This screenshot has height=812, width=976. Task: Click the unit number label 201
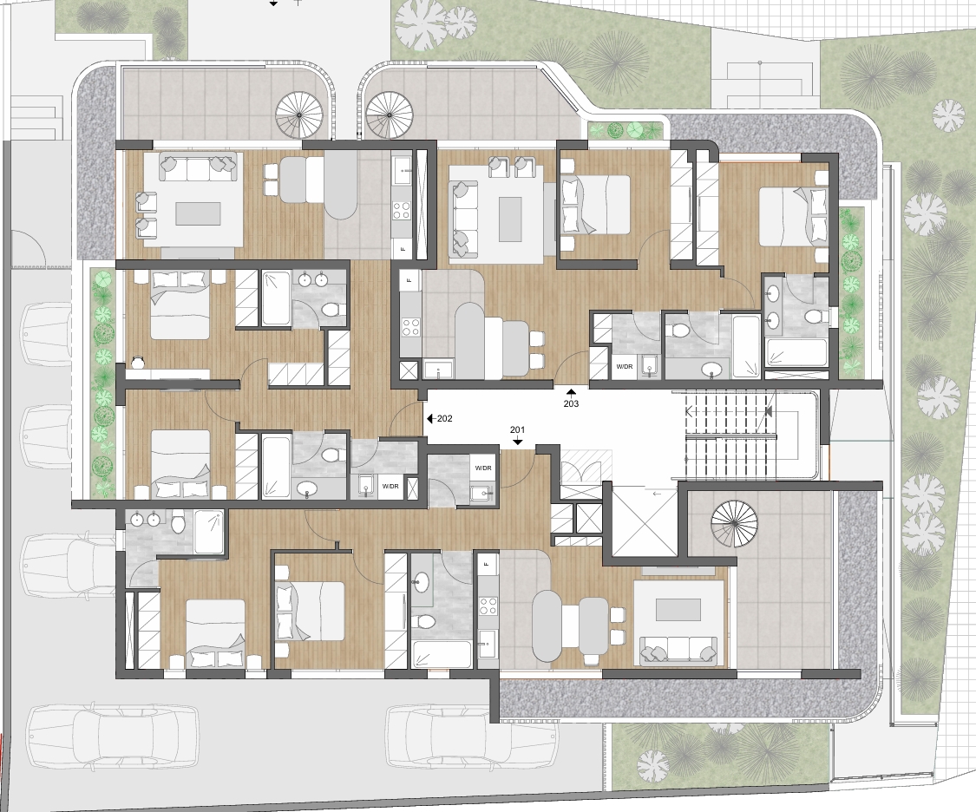(517, 429)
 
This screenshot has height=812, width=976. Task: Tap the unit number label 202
(444, 419)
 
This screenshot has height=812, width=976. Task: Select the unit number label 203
(571, 403)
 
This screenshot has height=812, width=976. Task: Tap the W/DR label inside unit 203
(625, 367)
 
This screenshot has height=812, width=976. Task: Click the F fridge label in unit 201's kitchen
(487, 565)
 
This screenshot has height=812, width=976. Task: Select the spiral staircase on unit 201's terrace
(736, 521)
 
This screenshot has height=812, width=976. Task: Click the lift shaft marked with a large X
(644, 521)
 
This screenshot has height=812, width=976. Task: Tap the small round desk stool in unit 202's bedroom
(138, 361)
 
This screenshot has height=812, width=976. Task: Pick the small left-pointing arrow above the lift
(656, 494)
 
